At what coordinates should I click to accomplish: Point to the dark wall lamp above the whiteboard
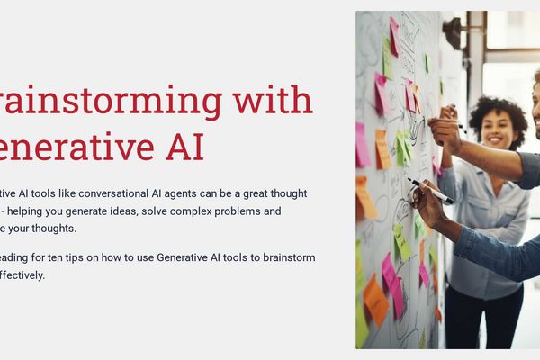tap(452, 32)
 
